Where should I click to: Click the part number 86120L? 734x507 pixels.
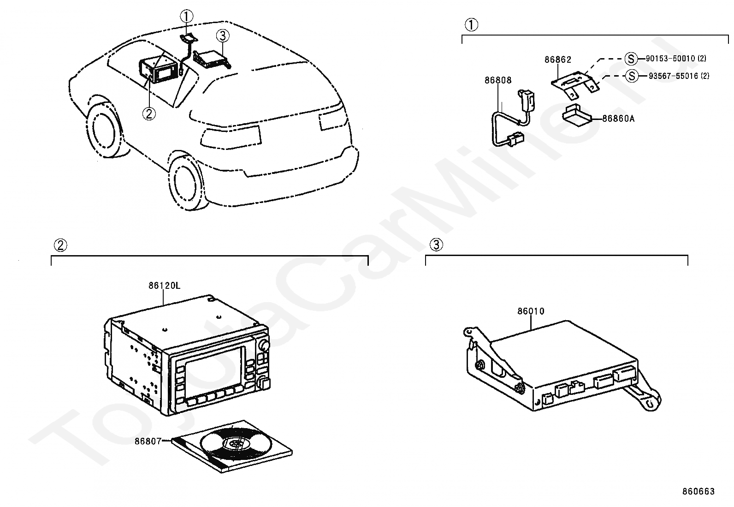pos(164,286)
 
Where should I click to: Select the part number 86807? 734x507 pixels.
pos(148,441)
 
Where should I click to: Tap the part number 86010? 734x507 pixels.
pos(531,311)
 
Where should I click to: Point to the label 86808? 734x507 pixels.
pos(498,80)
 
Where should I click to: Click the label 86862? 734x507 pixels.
pos(557,60)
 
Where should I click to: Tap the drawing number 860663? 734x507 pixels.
pos(698,491)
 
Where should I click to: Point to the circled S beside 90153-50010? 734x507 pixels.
pos(631,59)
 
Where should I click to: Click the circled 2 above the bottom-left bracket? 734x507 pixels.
pos(60,245)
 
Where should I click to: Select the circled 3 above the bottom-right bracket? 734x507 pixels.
pos(436,245)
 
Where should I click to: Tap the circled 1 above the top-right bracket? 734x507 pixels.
pos(471,25)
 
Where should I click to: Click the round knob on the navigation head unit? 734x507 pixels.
pos(264,345)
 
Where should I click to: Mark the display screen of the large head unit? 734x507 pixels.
pos(215,368)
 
